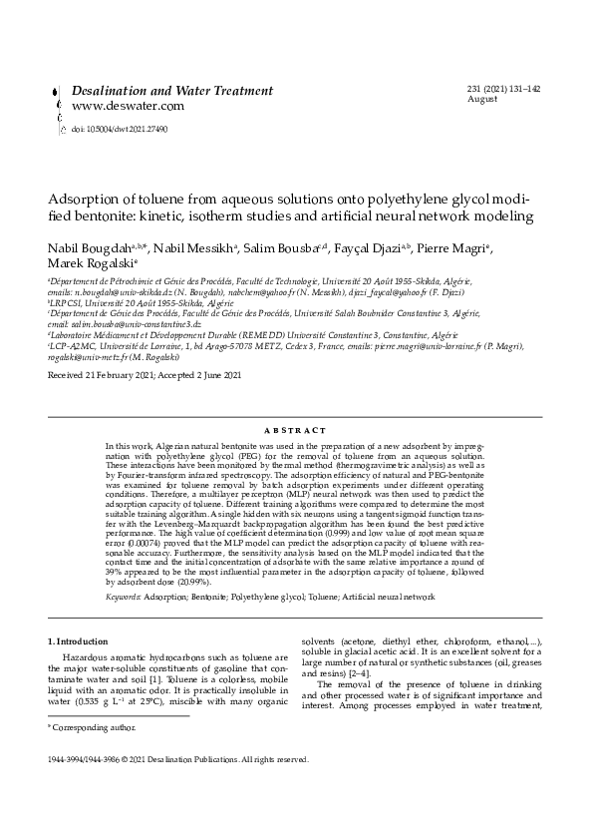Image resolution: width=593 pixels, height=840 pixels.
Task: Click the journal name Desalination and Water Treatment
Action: coord(171,91)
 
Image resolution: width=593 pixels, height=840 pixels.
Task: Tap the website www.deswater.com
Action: coord(128,106)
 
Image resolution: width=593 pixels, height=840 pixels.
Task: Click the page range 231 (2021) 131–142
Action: coord(503,89)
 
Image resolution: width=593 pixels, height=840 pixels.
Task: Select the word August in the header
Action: coord(481,100)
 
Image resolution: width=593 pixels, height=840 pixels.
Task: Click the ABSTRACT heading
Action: coord(296,430)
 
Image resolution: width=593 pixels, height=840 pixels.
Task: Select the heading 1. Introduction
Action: coord(84,639)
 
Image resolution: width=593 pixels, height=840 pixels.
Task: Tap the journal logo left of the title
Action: coord(53,104)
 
